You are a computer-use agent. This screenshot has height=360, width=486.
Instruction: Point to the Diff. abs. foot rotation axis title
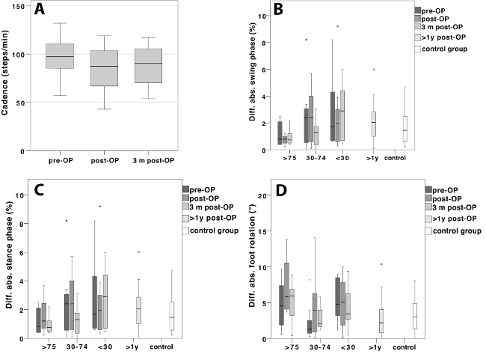pyautogui.click(x=253, y=263)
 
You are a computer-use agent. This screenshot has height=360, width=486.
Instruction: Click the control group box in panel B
pyautogui.click(x=405, y=128)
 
